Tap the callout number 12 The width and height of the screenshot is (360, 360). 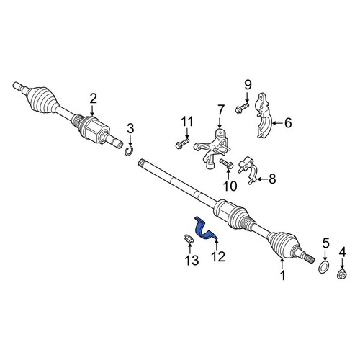(x=218, y=256)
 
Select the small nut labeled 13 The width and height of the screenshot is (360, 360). (x=189, y=239)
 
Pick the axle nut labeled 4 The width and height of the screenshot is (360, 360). (x=342, y=274)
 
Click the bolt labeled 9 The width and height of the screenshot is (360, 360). (x=242, y=108)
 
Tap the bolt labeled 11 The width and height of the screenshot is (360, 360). (x=181, y=143)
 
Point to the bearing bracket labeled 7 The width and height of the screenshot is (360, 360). (x=212, y=149)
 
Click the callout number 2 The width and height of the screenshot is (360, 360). (x=93, y=98)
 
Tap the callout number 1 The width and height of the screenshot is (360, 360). (x=283, y=275)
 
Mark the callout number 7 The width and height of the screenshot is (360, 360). (x=220, y=110)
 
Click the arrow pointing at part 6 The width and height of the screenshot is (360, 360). (x=277, y=123)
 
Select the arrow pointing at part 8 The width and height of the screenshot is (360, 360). (x=262, y=179)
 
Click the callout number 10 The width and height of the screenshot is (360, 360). (x=230, y=186)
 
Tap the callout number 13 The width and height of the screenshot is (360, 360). (x=192, y=260)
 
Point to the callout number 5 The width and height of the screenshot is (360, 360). (x=325, y=243)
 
